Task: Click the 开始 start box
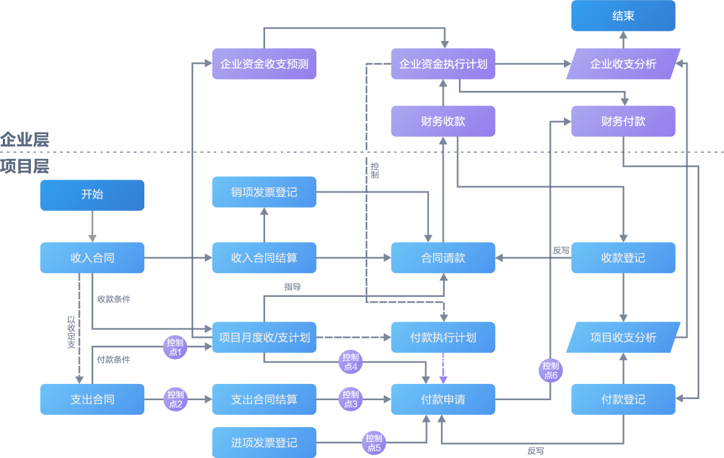pos(92,195)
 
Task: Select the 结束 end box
pos(623,16)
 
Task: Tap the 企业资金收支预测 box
pos(264,63)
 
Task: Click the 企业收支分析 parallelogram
pos(623,63)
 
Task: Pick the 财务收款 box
pos(443,121)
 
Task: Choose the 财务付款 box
pos(623,121)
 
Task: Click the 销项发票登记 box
pos(264,192)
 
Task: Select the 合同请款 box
pos(443,258)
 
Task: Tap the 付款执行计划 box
pos(443,337)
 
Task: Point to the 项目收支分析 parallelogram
pos(623,337)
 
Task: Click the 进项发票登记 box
pos(264,442)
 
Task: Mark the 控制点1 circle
pos(175,347)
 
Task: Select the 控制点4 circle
pos(350,362)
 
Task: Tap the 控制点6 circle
pos(550,371)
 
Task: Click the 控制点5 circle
pos(374,443)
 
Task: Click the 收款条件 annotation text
pos(114,299)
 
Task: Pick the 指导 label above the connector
pos(293,287)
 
